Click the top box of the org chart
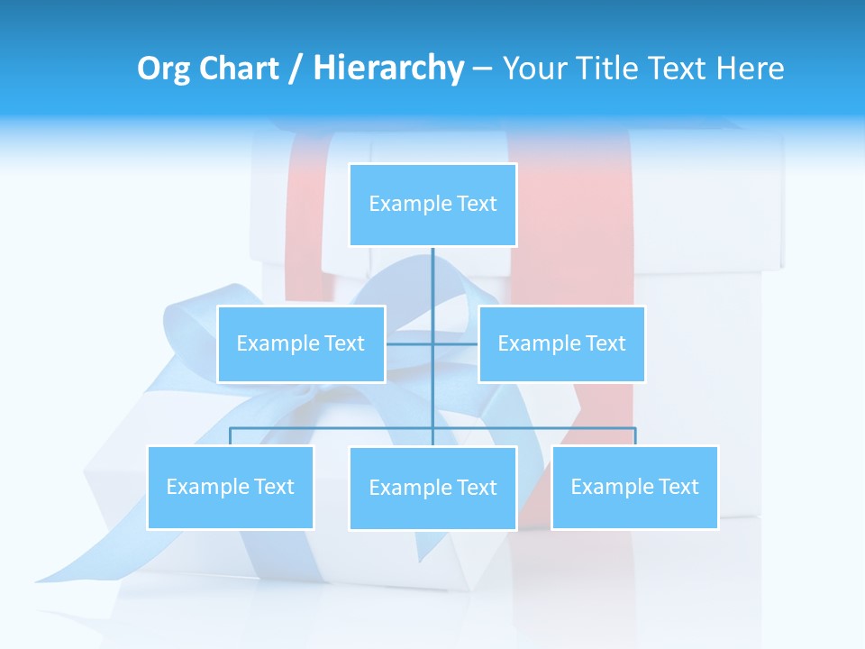[x=432, y=205]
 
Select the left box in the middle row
[x=301, y=343]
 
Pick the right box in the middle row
[x=561, y=343]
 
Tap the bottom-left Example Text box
[x=231, y=487]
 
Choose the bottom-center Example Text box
[x=432, y=488]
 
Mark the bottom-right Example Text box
[x=634, y=487]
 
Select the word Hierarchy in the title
[x=388, y=69]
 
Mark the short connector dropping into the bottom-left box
[x=231, y=436]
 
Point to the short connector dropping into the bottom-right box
[x=635, y=436]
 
